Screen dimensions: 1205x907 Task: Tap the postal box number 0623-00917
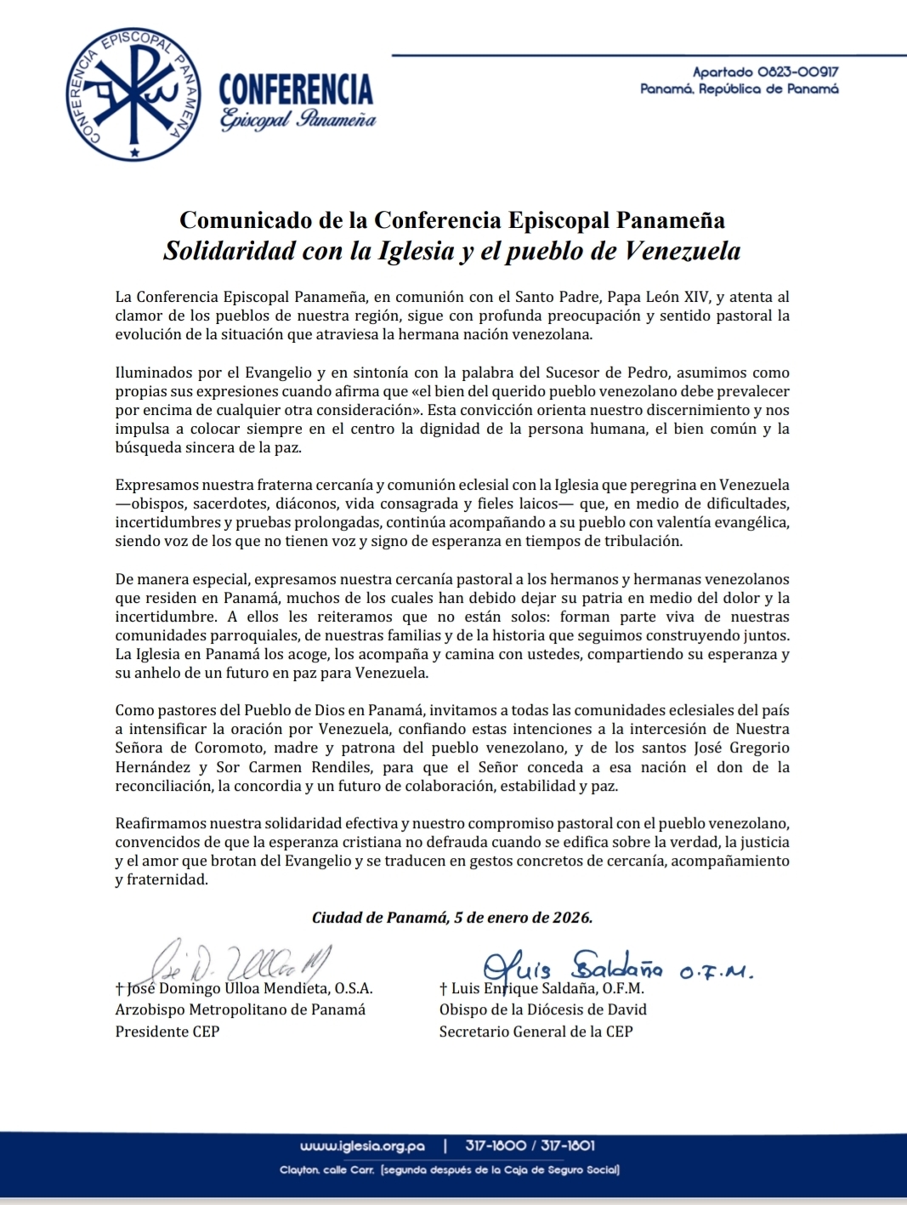(797, 73)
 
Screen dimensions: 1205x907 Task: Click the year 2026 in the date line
(571, 918)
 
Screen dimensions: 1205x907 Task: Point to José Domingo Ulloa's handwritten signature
(238, 963)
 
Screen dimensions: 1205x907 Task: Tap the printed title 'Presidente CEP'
(167, 1032)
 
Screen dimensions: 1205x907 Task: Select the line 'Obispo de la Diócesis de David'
(542, 1009)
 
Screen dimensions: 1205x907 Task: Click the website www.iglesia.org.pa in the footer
(362, 1145)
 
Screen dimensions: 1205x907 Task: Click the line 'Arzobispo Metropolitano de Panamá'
(241, 1009)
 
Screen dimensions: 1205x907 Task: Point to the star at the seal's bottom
(134, 152)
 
